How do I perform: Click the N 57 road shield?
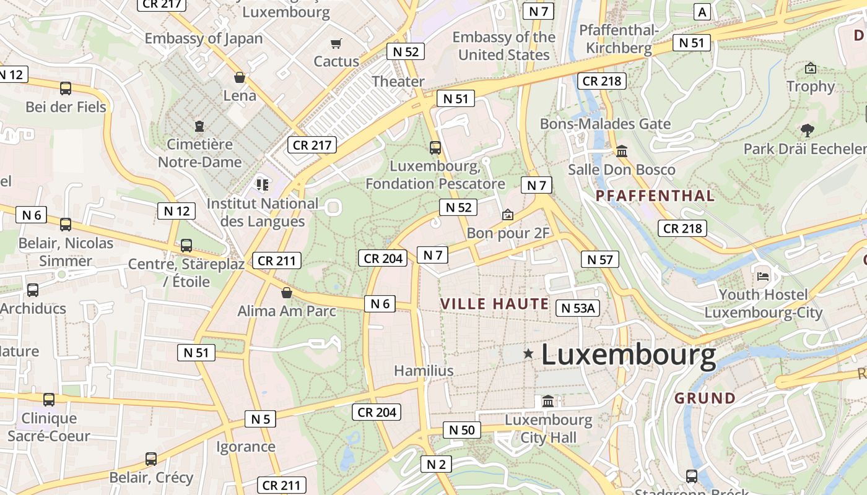599,260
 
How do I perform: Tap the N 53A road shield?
578,308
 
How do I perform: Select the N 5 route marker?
261,419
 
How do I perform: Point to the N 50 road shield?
461,430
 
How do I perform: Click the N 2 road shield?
436,464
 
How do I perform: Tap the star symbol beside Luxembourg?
528,353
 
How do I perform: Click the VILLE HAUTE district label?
494,304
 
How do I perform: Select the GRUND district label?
705,398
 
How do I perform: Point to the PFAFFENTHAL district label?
655,196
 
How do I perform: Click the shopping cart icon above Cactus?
336,43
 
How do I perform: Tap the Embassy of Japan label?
204,38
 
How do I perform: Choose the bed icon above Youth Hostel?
763,275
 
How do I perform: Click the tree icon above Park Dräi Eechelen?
806,130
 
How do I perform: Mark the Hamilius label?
424,371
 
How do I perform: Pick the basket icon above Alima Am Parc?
286,292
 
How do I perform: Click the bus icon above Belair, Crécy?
151,459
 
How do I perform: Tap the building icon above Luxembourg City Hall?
548,402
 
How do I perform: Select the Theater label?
398,81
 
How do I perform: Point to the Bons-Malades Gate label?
605,124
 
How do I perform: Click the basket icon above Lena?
240,77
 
